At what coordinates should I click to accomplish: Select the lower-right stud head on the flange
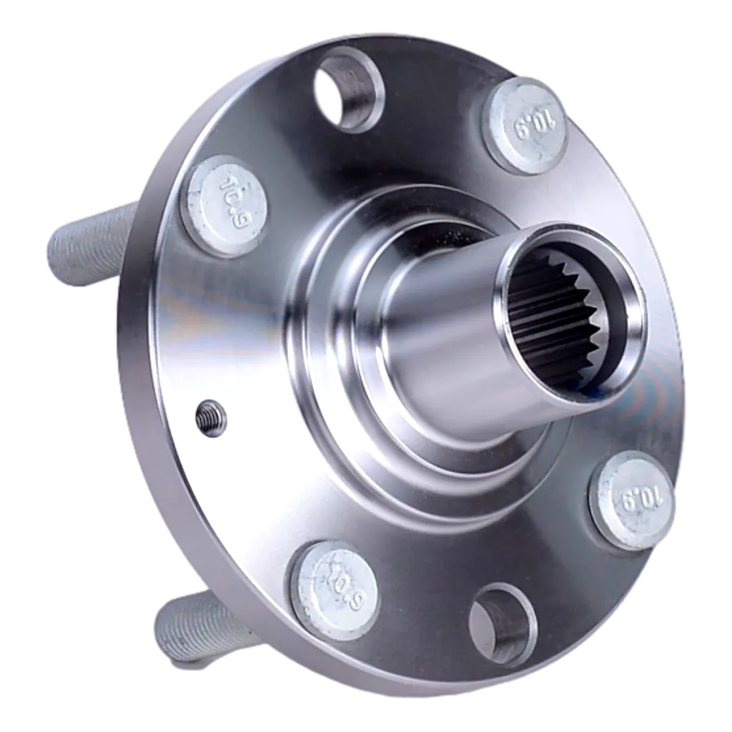point(632,498)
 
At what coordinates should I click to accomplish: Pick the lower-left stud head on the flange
point(335,586)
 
